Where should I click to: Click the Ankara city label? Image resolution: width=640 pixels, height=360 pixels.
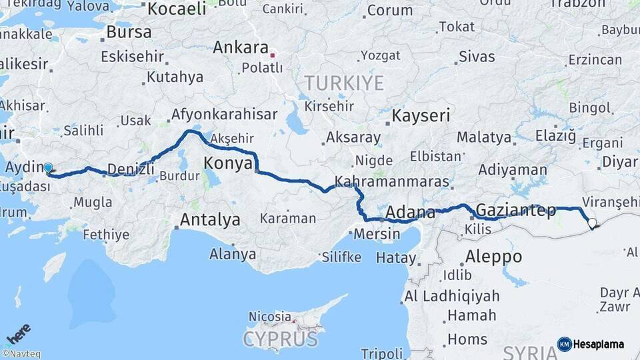[x=240, y=49]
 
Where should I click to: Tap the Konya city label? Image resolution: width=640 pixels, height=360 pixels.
[x=228, y=163]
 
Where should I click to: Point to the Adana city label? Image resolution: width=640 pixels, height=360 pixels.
[x=410, y=213]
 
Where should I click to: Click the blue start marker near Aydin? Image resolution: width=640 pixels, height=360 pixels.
[x=48, y=168]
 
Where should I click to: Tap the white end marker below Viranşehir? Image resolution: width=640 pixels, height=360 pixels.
[x=591, y=223]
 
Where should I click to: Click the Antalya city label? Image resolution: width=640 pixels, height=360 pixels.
[x=210, y=219]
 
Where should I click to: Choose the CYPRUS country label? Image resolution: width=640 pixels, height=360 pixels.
[x=280, y=339]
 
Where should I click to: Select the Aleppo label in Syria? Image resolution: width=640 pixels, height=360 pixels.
[x=493, y=256]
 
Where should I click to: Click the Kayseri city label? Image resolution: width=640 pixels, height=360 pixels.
[x=421, y=115]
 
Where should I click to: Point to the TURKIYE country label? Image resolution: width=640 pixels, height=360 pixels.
[x=344, y=83]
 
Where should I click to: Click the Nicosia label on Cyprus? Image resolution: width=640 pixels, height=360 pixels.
[x=269, y=316]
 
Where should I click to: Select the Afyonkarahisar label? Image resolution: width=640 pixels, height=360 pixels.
[x=224, y=115]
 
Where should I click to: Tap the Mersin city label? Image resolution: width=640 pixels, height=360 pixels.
[x=377, y=234]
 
